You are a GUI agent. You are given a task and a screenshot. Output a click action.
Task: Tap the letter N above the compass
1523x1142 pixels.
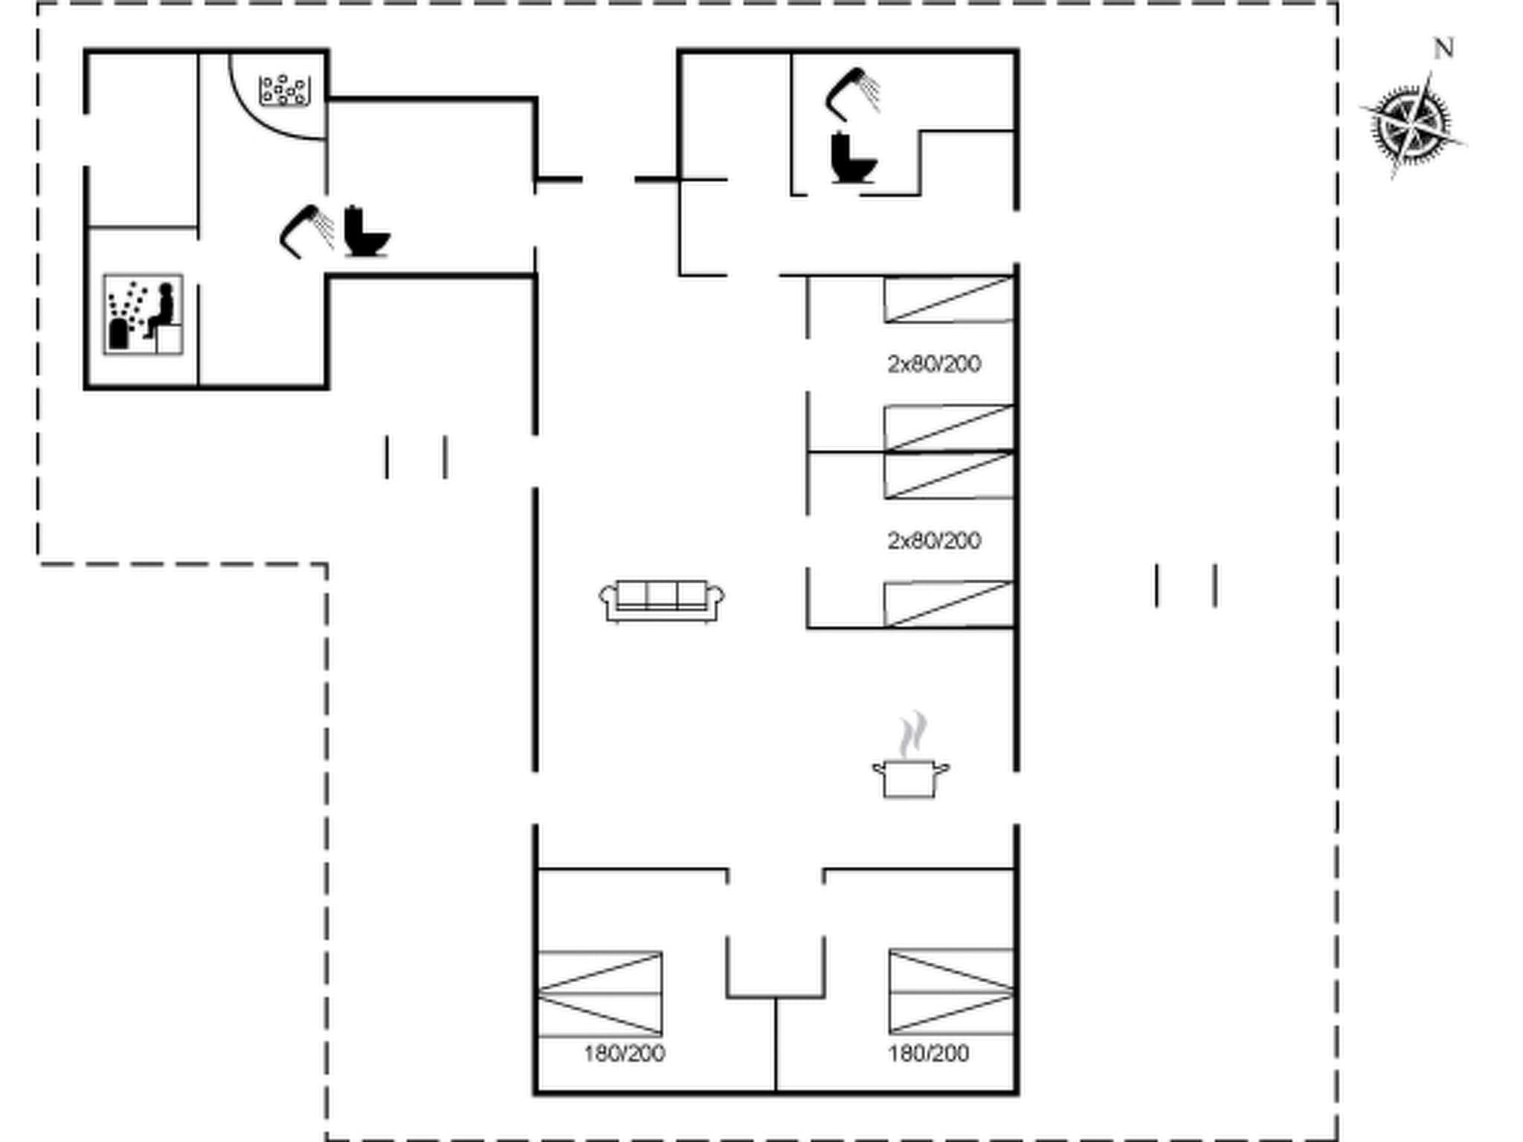tap(1443, 49)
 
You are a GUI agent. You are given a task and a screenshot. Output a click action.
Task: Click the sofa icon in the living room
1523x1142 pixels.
tap(661, 601)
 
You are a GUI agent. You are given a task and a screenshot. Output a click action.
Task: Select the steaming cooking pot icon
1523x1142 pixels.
tap(911, 777)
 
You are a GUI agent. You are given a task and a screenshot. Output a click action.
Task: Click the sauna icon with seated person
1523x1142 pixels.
tap(143, 314)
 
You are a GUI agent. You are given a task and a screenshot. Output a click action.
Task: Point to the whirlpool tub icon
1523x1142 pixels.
tap(284, 90)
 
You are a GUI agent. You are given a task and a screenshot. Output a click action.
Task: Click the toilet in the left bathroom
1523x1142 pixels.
tap(365, 232)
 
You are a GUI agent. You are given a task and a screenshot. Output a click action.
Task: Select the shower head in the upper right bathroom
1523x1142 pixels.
tap(852, 94)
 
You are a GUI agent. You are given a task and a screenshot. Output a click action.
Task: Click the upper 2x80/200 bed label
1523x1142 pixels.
tap(934, 364)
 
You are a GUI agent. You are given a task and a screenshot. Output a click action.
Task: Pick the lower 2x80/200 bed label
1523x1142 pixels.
tap(934, 541)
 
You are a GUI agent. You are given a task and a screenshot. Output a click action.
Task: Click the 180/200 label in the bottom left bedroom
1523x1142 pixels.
tap(624, 1054)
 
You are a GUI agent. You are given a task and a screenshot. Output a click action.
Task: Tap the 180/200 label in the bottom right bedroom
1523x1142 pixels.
tap(928, 1054)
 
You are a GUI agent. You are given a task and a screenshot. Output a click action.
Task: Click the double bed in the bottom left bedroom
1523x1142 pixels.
tap(599, 993)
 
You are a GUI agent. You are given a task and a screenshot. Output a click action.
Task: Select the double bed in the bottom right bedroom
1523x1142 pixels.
tap(951, 991)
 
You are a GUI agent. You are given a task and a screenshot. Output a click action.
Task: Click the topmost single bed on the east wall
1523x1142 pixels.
tap(949, 300)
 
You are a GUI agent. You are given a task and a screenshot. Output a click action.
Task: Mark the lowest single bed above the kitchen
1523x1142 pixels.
tap(949, 604)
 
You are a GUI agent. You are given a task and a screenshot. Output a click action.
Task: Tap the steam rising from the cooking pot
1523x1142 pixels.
tap(912, 734)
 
